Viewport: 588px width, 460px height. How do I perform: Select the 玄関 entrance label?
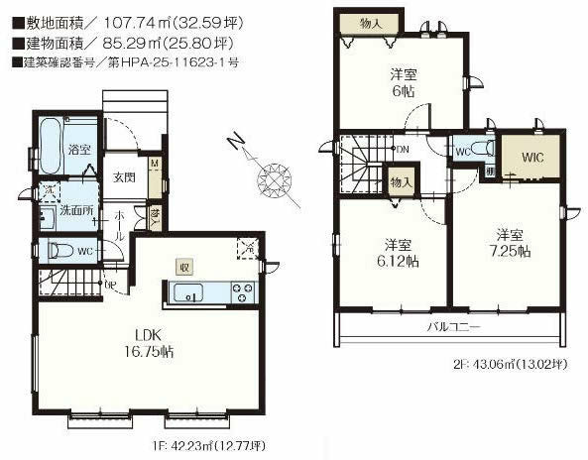pyautogui.click(x=123, y=177)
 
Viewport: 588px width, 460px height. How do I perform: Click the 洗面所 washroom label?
pyautogui.click(x=77, y=210)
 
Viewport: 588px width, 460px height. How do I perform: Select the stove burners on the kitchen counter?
pyautogui.click(x=242, y=292)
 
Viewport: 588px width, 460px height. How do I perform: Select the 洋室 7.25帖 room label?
pyautogui.click(x=510, y=243)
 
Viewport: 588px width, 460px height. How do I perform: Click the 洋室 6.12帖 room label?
pyautogui.click(x=398, y=254)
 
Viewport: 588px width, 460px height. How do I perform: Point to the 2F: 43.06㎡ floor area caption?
pyautogui.click(x=505, y=364)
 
